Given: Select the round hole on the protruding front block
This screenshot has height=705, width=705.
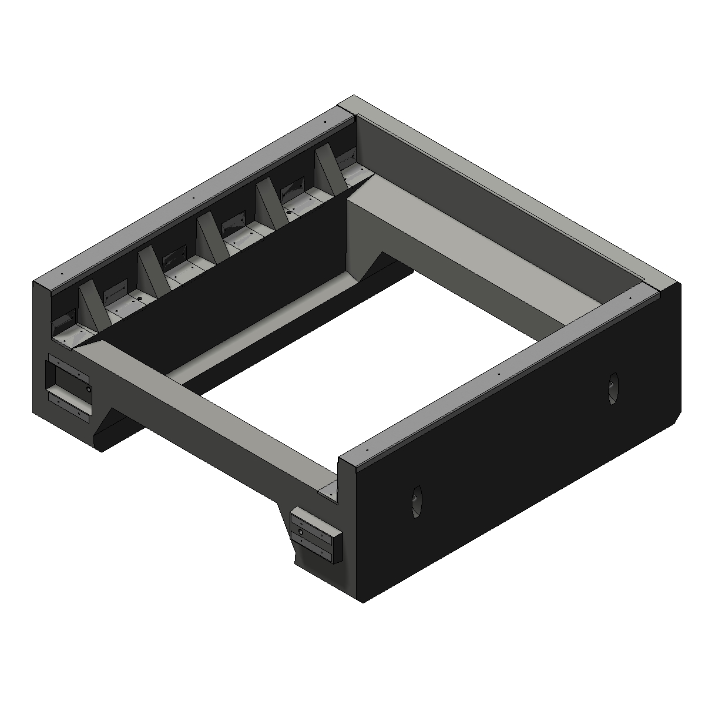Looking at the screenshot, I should (x=301, y=531).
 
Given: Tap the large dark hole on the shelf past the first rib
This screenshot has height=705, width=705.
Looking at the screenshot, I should (x=140, y=299).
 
